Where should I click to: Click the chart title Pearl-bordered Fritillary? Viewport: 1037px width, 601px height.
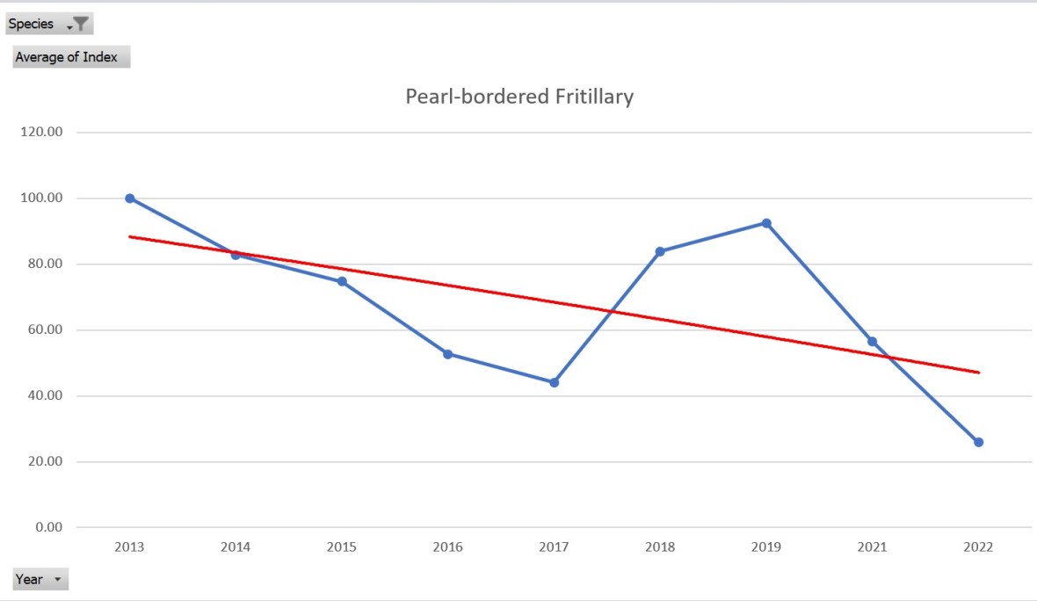518,97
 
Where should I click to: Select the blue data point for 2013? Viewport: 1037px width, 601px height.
130,199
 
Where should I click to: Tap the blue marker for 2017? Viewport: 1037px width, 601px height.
554,382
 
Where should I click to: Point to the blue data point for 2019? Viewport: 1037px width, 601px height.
766,223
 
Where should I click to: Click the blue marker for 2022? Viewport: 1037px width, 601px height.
978,442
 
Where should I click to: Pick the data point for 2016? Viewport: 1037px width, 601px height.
447,354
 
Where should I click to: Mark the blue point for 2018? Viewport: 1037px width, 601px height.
660,251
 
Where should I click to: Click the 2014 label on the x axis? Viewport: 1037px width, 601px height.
236,547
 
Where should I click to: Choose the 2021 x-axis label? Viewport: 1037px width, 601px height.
872,547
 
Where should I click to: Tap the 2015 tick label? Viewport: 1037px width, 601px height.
342,547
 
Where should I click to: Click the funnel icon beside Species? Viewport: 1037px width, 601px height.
80,25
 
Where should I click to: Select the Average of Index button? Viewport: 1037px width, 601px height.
71,57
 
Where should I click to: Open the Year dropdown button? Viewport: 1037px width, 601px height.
40,579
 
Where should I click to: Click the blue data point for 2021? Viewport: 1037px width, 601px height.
872,342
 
